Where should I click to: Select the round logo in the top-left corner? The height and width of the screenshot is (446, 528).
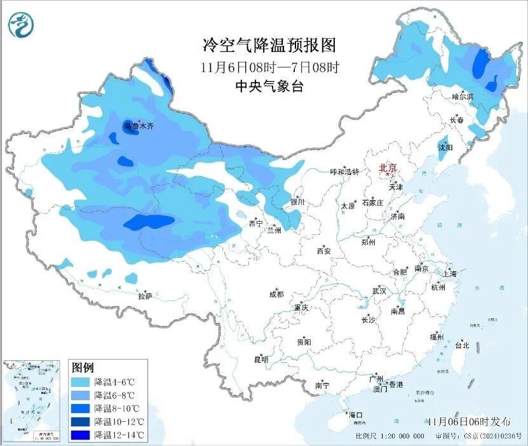pyautogui.click(x=21, y=25)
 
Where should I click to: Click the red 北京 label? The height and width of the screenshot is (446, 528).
pyautogui.click(x=388, y=168)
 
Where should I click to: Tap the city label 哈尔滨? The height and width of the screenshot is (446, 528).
pyautogui.click(x=463, y=97)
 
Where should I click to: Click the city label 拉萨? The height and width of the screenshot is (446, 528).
pyautogui.click(x=145, y=295)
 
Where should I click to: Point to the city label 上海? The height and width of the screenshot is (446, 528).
pyautogui.click(x=450, y=273)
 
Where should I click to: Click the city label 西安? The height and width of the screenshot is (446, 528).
pyautogui.click(x=323, y=251)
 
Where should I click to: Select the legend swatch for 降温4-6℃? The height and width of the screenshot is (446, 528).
pyautogui.click(x=81, y=382)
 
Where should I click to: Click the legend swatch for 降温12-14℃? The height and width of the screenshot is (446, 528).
pyautogui.click(x=81, y=435)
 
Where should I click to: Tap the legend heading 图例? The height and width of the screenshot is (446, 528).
pyautogui.click(x=83, y=367)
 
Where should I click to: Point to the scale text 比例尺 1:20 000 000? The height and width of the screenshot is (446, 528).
pyautogui.click(x=389, y=436)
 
